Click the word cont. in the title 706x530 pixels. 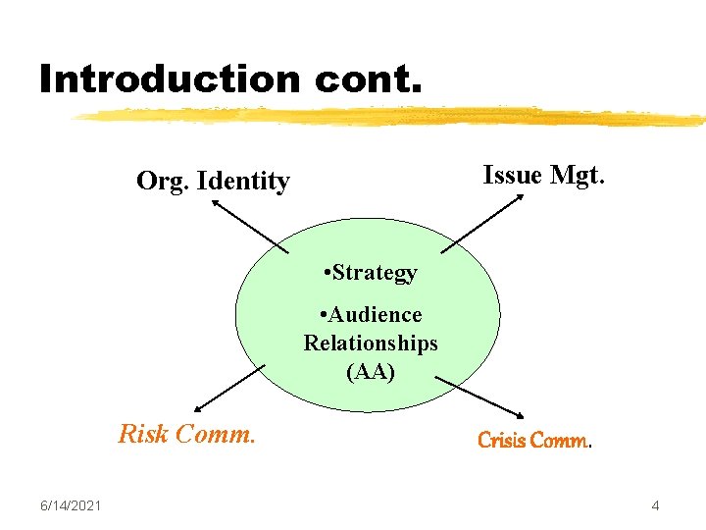(x=369, y=79)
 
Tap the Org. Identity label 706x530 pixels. (x=213, y=181)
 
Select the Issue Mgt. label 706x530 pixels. (x=545, y=175)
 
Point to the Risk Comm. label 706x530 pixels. (x=186, y=433)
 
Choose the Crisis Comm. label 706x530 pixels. (x=535, y=441)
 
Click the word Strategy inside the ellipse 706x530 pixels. (x=375, y=273)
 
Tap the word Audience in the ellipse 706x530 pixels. (x=376, y=315)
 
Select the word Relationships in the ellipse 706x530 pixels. (x=371, y=344)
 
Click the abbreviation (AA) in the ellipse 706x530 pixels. (x=371, y=371)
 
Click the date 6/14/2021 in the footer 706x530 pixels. (x=71, y=505)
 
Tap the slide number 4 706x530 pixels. (x=655, y=506)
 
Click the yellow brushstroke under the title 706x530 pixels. (x=392, y=117)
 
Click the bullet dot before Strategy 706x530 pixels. (x=326, y=273)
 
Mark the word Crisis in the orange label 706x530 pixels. (x=501, y=441)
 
